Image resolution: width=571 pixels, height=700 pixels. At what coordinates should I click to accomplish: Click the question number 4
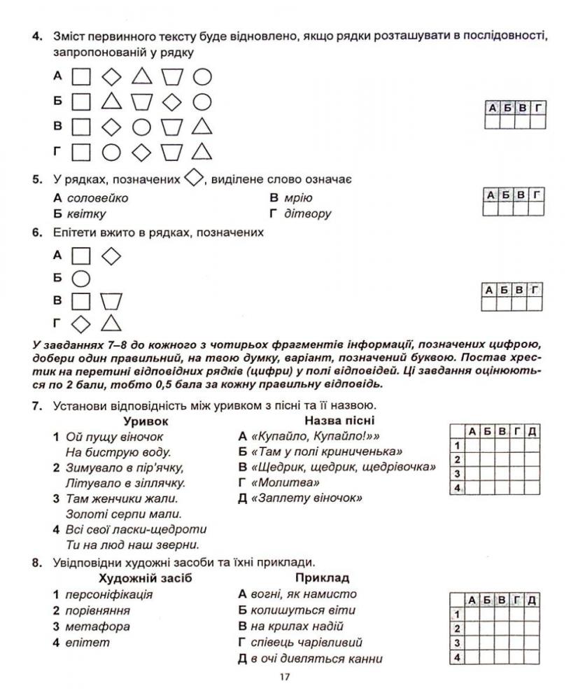click(x=41, y=36)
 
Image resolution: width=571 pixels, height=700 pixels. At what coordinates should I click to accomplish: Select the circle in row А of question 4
click(x=202, y=76)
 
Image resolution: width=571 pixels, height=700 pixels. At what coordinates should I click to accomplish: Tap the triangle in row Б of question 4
click(x=111, y=101)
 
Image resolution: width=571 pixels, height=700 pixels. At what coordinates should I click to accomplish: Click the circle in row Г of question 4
click(x=111, y=151)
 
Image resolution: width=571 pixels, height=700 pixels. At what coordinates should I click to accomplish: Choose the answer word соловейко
click(x=102, y=198)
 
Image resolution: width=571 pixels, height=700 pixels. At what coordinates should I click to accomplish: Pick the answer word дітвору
click(x=307, y=214)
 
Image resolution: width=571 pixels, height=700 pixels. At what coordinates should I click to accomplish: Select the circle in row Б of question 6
click(x=81, y=278)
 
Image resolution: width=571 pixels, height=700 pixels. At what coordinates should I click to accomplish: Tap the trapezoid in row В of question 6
click(x=111, y=301)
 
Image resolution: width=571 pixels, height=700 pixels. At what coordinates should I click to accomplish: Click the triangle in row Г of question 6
click(x=111, y=323)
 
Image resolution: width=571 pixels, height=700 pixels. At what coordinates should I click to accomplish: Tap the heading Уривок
click(x=146, y=421)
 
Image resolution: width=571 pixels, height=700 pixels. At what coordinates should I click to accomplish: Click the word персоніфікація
click(x=108, y=595)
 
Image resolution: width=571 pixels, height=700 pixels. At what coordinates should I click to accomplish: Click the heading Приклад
click(x=322, y=578)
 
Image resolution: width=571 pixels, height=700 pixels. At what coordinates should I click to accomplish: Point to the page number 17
click(x=283, y=677)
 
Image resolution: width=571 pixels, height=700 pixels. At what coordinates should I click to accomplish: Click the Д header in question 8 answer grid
click(x=533, y=600)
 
